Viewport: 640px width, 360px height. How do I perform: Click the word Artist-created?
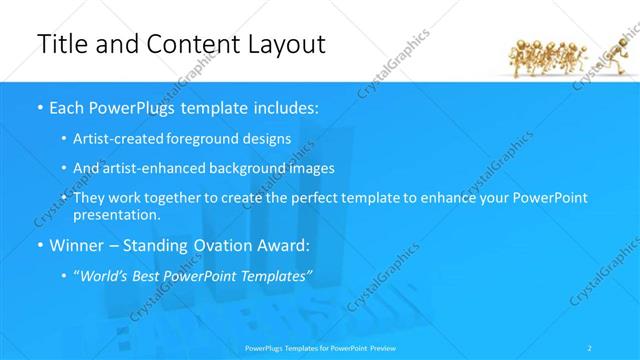113,139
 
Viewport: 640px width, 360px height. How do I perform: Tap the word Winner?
77,245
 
